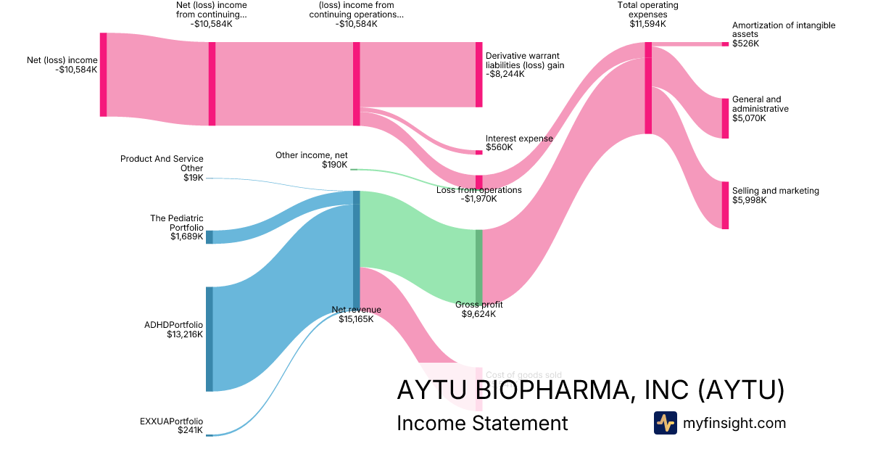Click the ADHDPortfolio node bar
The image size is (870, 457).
click(x=210, y=339)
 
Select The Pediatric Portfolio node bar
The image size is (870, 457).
click(x=210, y=236)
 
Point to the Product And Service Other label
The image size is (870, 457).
click(x=162, y=168)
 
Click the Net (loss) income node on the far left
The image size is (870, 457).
click(x=104, y=74)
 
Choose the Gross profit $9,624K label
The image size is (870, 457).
click(x=478, y=310)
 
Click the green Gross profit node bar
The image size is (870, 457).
click(x=478, y=266)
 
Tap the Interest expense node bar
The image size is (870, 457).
click(x=478, y=152)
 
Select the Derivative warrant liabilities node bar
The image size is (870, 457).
click(x=478, y=75)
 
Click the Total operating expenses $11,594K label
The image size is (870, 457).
click(x=647, y=15)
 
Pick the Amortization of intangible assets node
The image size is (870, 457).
click(x=725, y=44)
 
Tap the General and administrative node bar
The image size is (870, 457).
click(x=725, y=118)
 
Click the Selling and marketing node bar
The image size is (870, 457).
click(x=725, y=205)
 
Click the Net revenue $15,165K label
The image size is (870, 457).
click(x=356, y=314)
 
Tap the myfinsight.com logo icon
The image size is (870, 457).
click(x=665, y=423)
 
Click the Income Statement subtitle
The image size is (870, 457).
click(x=482, y=423)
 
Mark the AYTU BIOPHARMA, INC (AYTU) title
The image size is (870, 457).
click(x=590, y=390)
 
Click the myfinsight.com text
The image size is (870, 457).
click(x=734, y=423)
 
